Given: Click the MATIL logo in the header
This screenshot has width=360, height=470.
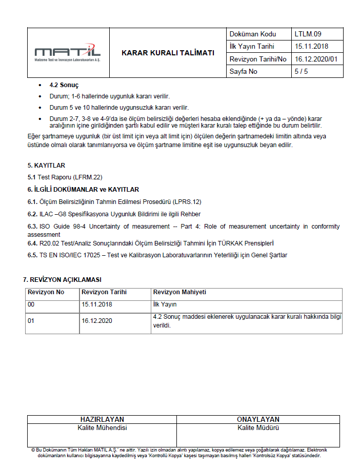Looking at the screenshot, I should click(x=67, y=52).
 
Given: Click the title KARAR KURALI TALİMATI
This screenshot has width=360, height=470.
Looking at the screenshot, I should click(x=168, y=53).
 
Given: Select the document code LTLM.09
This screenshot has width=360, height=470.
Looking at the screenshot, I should click(x=308, y=34).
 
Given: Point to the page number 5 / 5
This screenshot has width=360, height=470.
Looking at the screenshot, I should click(x=301, y=71).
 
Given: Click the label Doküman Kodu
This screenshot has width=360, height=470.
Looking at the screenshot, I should click(x=253, y=34).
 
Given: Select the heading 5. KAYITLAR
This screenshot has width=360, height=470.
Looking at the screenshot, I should click(x=46, y=165).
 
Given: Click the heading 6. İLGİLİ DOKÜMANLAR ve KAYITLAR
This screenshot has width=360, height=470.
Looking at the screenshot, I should click(x=83, y=189).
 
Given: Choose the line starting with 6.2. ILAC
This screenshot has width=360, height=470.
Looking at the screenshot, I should click(x=114, y=214).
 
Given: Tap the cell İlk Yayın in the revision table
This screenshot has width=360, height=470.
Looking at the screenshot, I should click(x=165, y=304).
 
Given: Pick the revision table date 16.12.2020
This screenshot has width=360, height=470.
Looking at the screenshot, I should click(x=97, y=320).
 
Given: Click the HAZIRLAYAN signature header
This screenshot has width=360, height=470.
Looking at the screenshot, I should click(x=102, y=419).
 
